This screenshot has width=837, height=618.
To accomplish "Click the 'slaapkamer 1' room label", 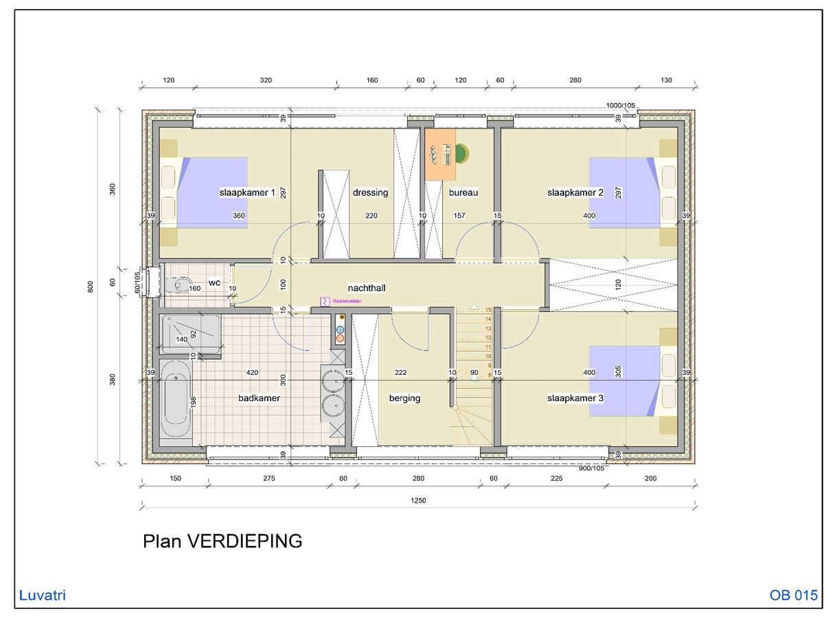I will pyautogui.click(x=246, y=193).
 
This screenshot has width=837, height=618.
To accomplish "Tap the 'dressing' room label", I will pyautogui.click(x=370, y=193).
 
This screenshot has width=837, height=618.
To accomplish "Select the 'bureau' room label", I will pyautogui.click(x=463, y=193).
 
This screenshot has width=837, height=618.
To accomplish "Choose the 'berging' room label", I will pyautogui.click(x=404, y=398).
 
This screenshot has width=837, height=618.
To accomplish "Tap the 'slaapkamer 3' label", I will pyautogui.click(x=575, y=398).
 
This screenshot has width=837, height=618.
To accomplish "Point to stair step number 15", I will pyautogui.click(x=488, y=310).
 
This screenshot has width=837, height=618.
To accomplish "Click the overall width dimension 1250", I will pyautogui.click(x=419, y=501).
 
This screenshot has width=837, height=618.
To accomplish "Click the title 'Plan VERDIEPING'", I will pyautogui.click(x=222, y=541).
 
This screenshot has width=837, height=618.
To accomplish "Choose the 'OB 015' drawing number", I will pyautogui.click(x=794, y=595).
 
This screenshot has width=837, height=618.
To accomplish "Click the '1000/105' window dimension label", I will pyautogui.click(x=620, y=105).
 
